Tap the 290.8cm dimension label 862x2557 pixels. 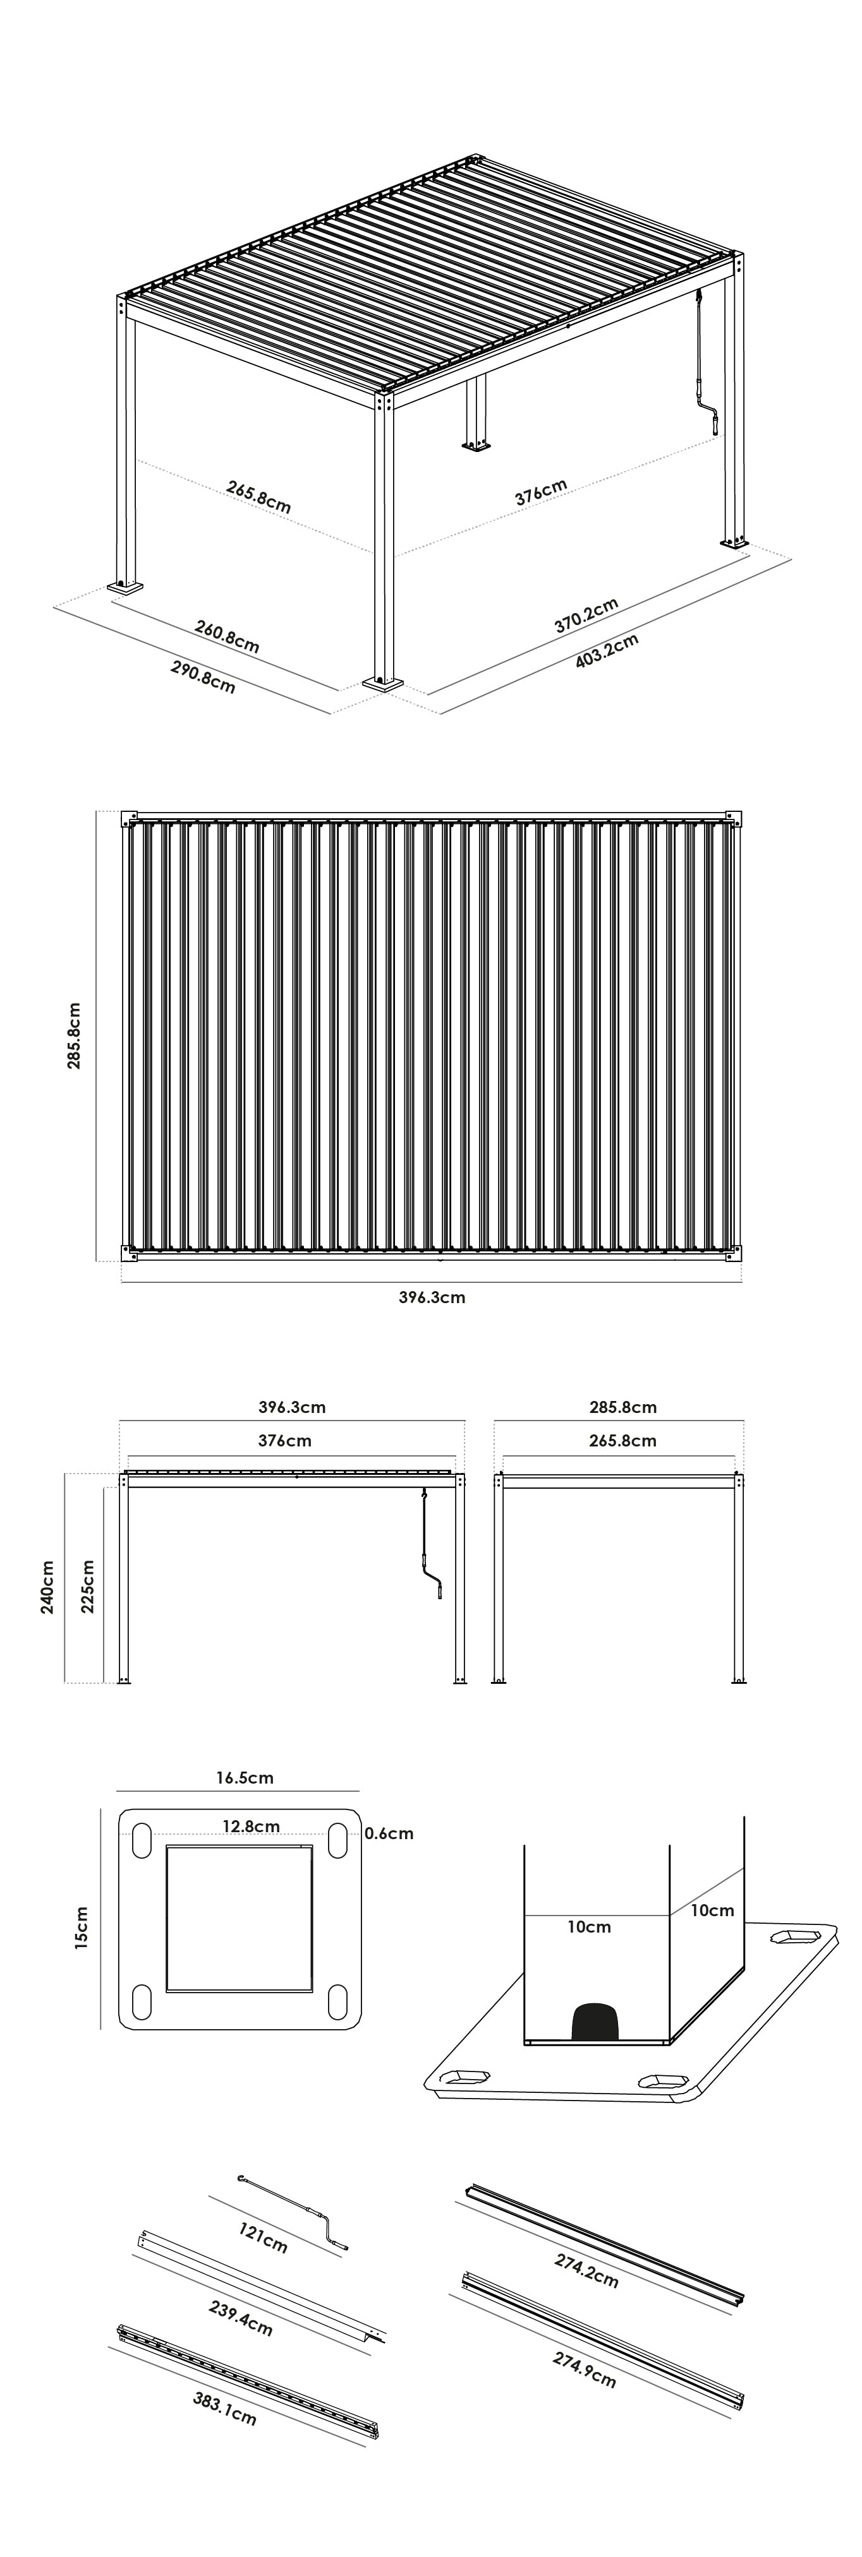[203, 677]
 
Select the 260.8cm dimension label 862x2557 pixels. [228, 636]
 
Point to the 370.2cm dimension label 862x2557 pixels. [586, 616]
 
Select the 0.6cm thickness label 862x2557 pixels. [388, 1832]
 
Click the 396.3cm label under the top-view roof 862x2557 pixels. [425, 1296]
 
